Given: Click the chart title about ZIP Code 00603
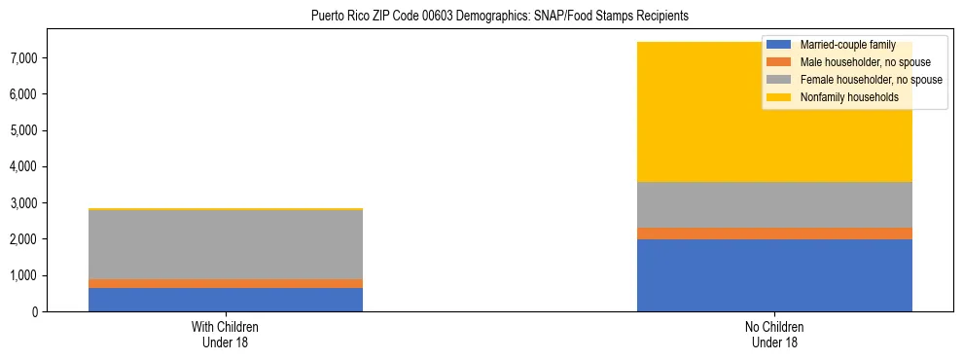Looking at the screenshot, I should pyautogui.click(x=499, y=16).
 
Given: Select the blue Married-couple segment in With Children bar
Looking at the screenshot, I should pyautogui.click(x=226, y=300).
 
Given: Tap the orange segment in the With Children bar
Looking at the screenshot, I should pyautogui.click(x=226, y=283).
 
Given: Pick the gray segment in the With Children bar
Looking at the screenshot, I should pyautogui.click(x=226, y=244).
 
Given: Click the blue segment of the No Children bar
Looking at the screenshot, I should pyautogui.click(x=774, y=275).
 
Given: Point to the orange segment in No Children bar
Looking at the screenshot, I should pyautogui.click(x=774, y=234).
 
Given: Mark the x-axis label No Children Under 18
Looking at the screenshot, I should pyautogui.click(x=774, y=334).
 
